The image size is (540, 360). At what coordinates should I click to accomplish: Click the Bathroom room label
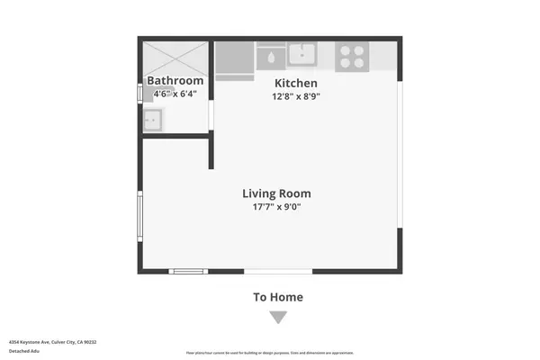pos(176,81)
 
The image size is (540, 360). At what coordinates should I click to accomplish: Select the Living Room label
pos(276,193)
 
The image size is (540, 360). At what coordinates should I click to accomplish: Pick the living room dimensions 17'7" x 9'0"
pos(276,207)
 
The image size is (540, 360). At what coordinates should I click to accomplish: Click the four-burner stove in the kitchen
pos(351,57)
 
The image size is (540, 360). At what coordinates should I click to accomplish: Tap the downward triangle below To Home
pos(278,317)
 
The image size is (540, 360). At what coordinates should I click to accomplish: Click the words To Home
pos(278,297)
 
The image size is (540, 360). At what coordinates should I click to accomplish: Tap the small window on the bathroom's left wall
pos(139,93)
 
